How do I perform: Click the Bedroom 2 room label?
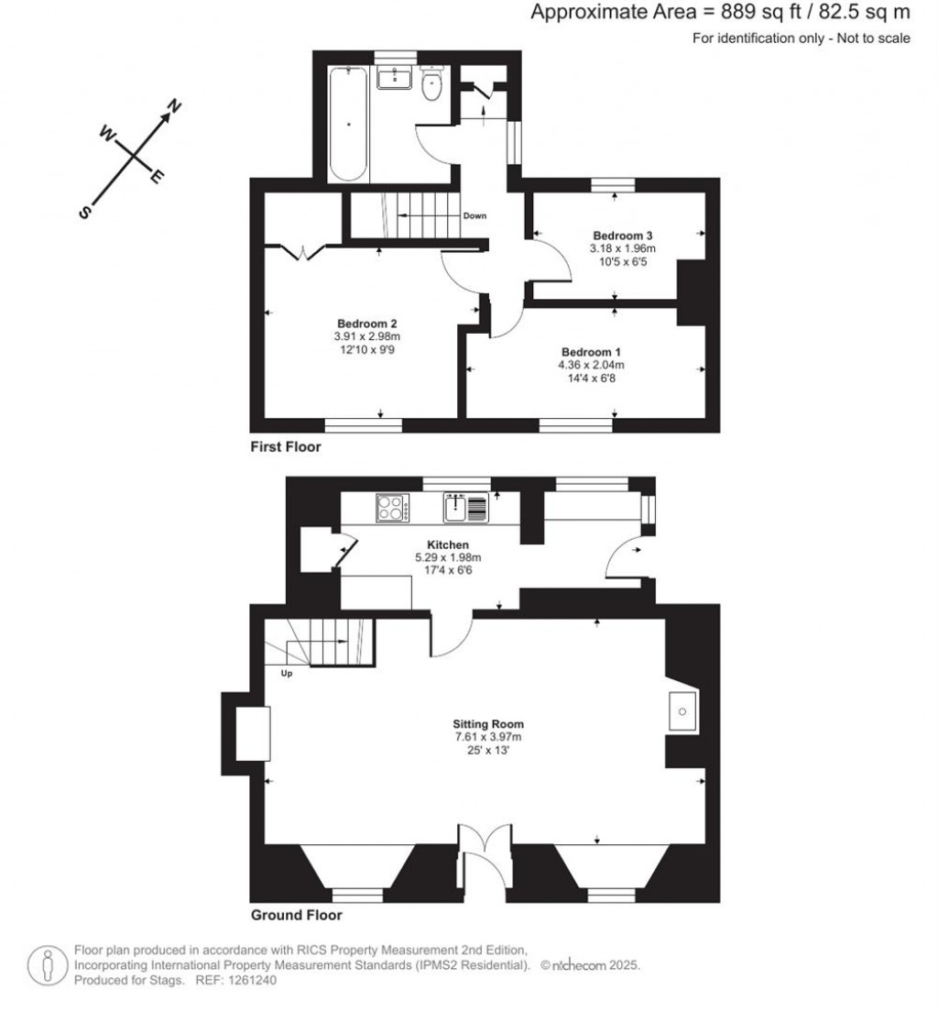366,324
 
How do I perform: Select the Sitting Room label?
487,724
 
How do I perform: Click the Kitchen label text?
448,544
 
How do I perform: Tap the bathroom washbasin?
394,77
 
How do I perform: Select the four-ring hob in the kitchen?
392,507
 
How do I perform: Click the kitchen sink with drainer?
465,507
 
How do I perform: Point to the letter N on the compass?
173,105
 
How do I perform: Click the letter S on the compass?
84,213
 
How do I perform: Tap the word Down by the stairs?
474,215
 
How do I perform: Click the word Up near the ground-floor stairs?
287,674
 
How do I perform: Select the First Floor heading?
286,446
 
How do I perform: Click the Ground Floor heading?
297,915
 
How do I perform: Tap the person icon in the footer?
48,965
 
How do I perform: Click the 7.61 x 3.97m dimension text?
487,737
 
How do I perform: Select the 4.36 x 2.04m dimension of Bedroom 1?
591,365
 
